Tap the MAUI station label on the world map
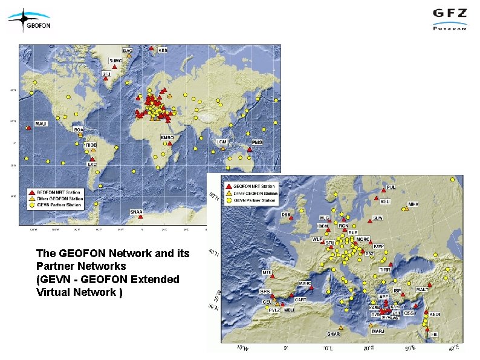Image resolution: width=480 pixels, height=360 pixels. point(41,124)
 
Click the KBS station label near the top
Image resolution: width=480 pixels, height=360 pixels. point(163,50)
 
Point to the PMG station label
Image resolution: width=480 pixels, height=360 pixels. point(258,142)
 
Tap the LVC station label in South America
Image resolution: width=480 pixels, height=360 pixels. point(92,164)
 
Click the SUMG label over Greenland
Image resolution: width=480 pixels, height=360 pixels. point(115,61)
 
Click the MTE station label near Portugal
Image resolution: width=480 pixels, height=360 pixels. point(266,272)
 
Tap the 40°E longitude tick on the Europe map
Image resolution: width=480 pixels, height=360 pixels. point(454,347)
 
